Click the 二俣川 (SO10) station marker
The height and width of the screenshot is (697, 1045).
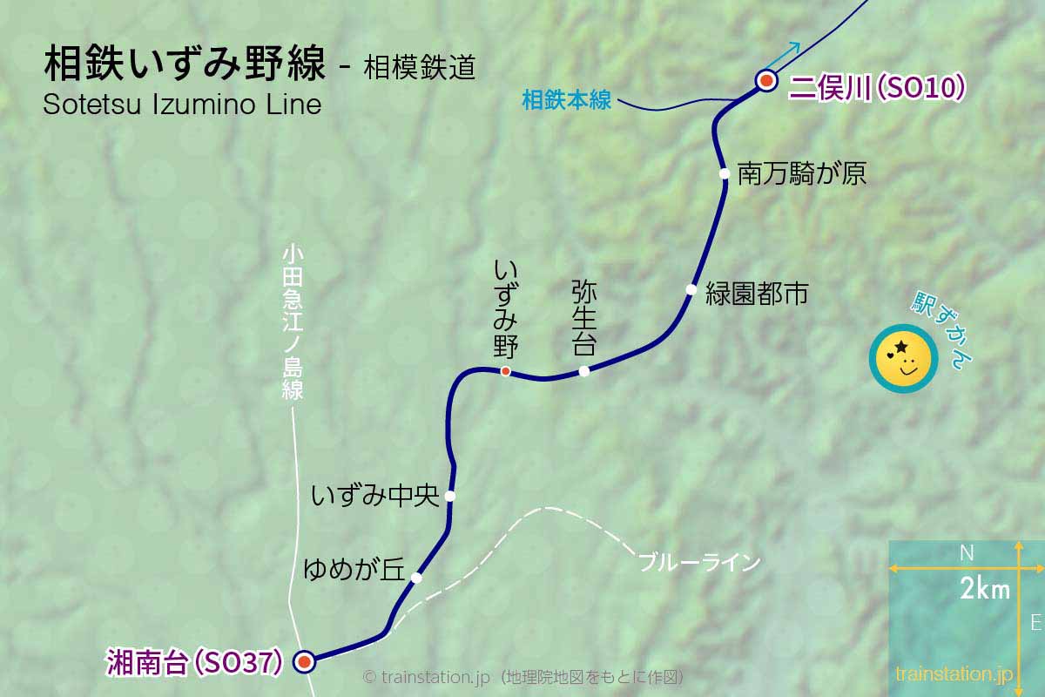(x=766, y=81)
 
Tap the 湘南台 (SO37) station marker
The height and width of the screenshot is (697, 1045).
(x=304, y=662)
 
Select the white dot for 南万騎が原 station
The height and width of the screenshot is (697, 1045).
(x=724, y=173)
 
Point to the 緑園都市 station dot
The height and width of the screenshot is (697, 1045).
(x=691, y=289)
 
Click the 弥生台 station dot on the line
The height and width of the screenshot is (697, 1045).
(x=584, y=370)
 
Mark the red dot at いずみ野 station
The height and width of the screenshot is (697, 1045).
(x=505, y=372)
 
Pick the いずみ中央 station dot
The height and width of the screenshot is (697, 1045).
(x=450, y=496)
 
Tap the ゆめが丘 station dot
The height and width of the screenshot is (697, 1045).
(x=416, y=578)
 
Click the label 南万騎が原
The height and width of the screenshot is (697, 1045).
(x=801, y=173)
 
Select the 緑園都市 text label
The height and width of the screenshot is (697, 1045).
(x=756, y=294)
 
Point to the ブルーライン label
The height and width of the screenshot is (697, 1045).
(x=699, y=562)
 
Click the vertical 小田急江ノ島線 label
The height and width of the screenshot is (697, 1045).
(x=293, y=322)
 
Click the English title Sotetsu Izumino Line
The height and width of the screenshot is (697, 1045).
(x=182, y=104)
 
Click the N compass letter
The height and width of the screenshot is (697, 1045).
(x=966, y=552)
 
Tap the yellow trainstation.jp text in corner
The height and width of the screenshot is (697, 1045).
(x=954, y=673)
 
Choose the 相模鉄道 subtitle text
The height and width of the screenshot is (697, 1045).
(x=420, y=68)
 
